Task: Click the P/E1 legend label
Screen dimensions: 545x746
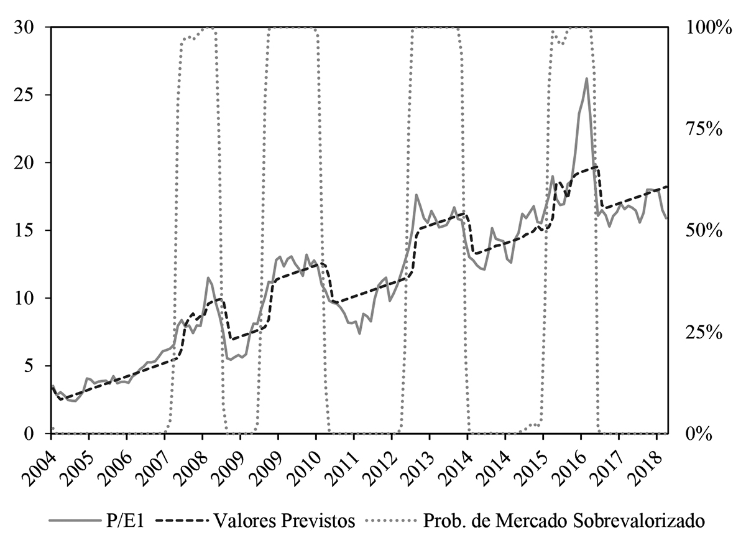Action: [x=130, y=520]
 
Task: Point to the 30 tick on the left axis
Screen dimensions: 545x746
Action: [x=29, y=27]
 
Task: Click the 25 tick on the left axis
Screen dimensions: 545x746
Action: [x=29, y=95]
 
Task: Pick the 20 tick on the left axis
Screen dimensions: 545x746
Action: [x=29, y=163]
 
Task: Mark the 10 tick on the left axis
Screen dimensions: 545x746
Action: [x=29, y=298]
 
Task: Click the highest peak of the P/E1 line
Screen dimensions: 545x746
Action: [x=586, y=78]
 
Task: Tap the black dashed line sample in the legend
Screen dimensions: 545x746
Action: [x=181, y=520]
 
